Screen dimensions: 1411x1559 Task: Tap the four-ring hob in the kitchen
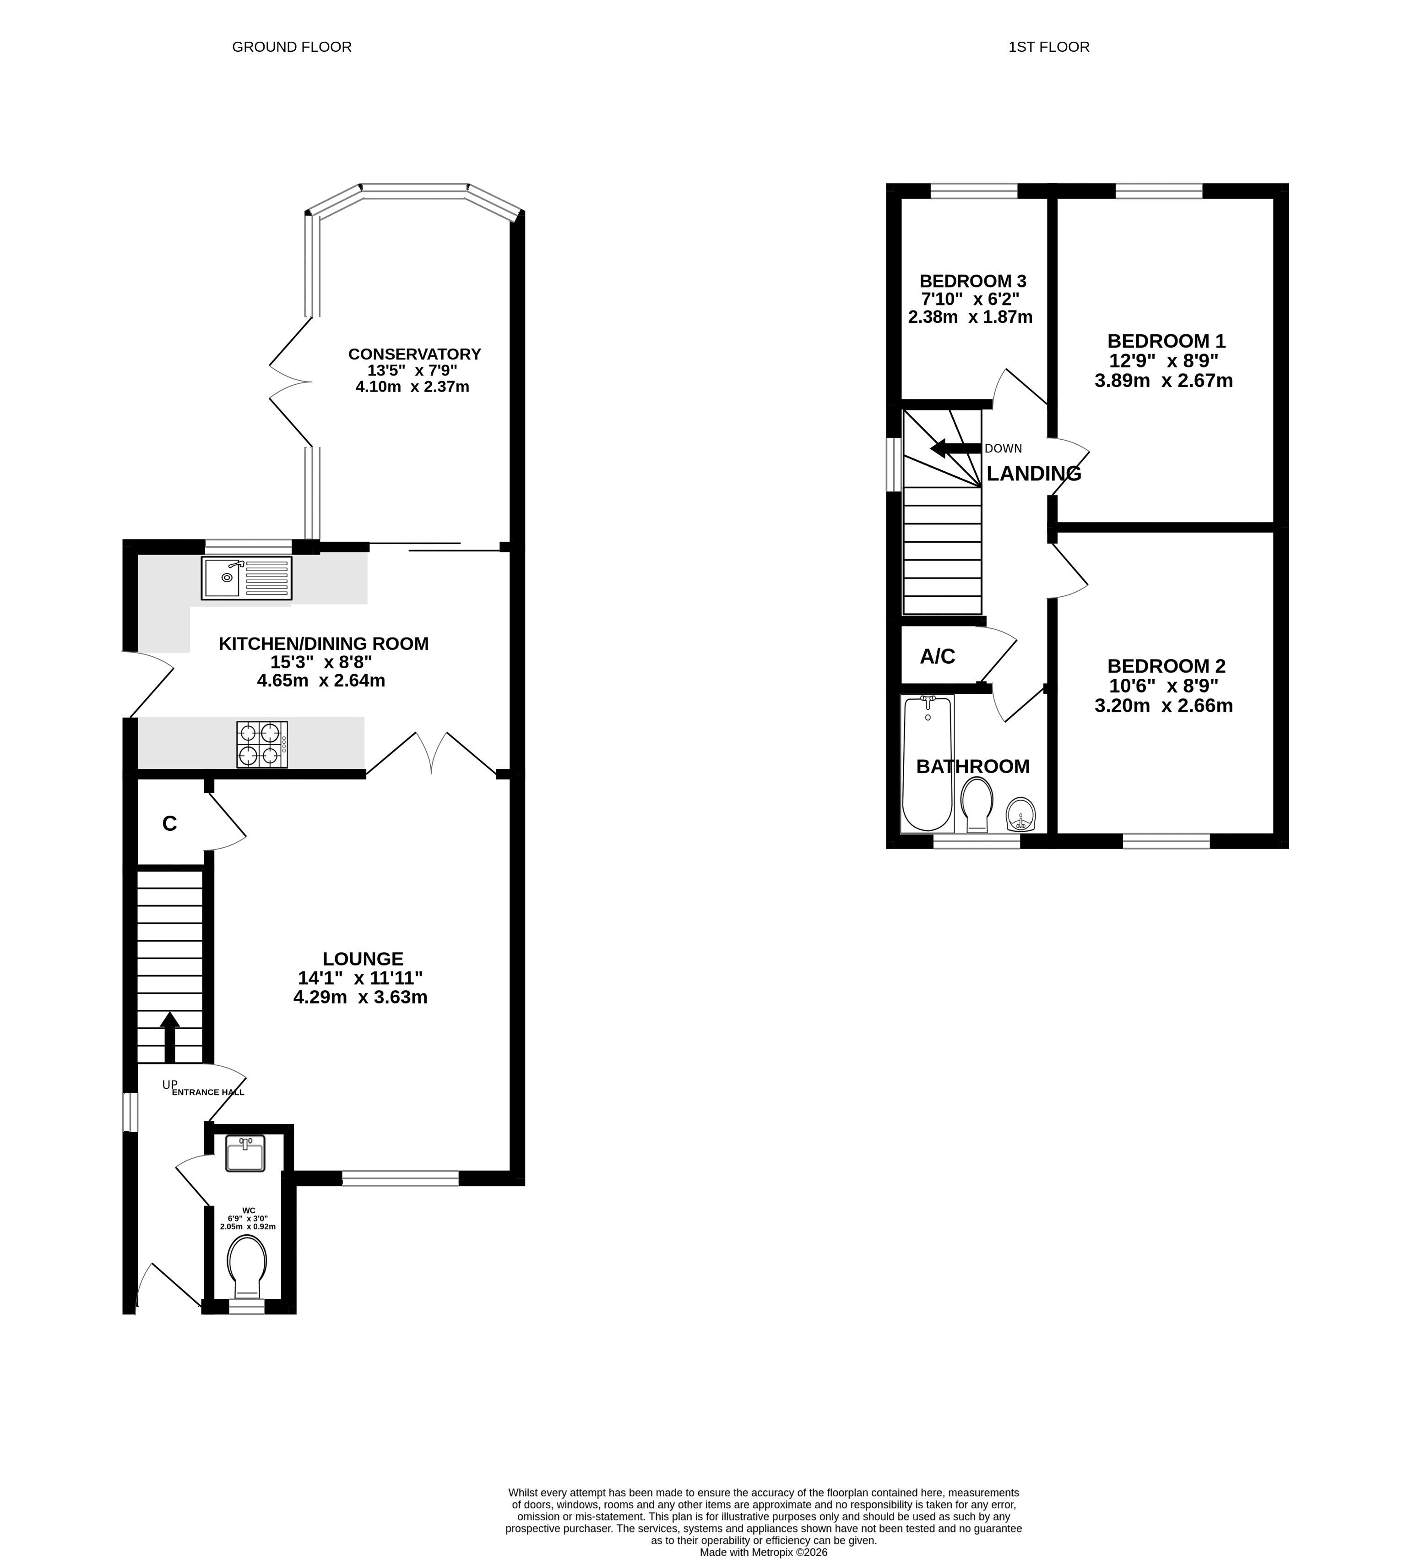pyautogui.click(x=262, y=744)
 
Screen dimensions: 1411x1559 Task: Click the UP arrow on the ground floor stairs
pyautogui.click(x=169, y=1039)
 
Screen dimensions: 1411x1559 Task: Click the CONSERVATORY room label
pyautogui.click(x=414, y=354)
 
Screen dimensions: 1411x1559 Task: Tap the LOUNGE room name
pyautogui.click(x=363, y=959)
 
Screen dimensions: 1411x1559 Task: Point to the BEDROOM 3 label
pyautogui.click(x=972, y=281)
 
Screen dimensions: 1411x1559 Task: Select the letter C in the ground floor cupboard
pyautogui.click(x=169, y=823)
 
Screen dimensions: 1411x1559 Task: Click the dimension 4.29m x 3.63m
pyautogui.click(x=360, y=997)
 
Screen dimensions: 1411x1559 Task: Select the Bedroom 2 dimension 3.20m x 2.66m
pyautogui.click(x=1164, y=705)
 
